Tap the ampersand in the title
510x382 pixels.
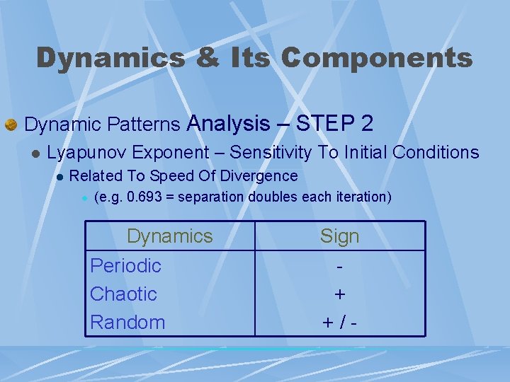(x=207, y=58)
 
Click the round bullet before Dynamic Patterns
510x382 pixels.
(x=11, y=125)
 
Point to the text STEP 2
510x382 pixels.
(x=335, y=124)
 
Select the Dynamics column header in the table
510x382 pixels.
(x=169, y=236)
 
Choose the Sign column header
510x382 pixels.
(x=339, y=236)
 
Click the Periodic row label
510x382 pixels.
(x=125, y=266)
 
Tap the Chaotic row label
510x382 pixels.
(x=123, y=294)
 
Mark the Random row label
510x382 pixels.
(x=127, y=322)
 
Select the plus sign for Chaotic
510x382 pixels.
(x=340, y=294)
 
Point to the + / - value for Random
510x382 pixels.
(x=340, y=323)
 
